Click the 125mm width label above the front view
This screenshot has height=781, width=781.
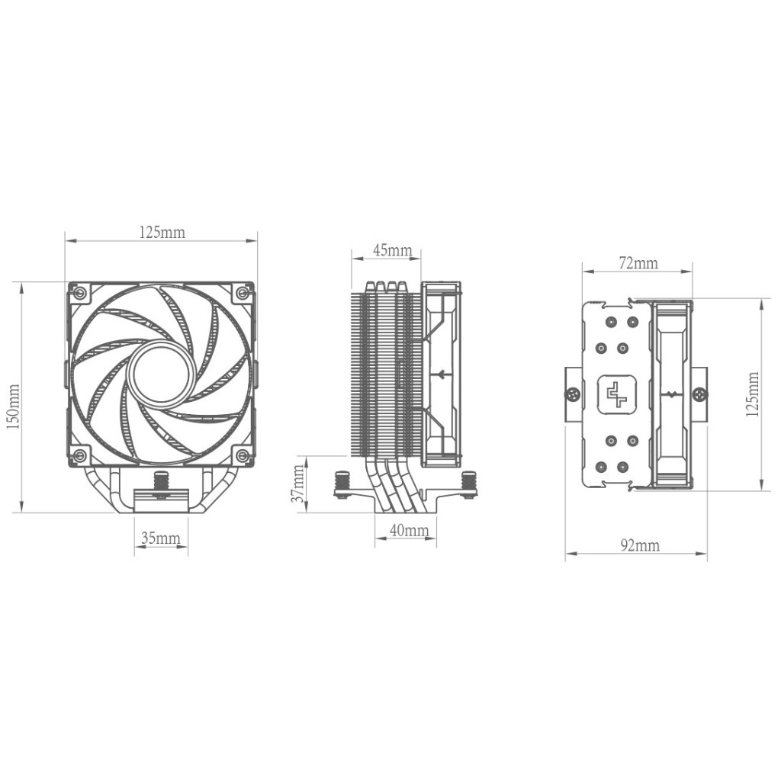(x=161, y=232)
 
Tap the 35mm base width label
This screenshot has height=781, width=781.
(x=161, y=538)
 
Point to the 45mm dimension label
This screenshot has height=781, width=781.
(x=392, y=250)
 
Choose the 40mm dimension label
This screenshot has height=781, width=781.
(x=409, y=530)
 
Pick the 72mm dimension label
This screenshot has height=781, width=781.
(x=638, y=264)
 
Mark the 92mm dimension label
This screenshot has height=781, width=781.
(x=639, y=545)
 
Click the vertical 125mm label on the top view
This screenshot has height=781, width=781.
(x=754, y=395)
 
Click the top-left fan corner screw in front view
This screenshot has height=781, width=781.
(x=78, y=292)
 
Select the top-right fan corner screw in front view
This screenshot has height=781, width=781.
(x=243, y=292)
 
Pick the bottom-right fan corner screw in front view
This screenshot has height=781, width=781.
(x=243, y=456)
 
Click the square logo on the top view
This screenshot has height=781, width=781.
(x=612, y=395)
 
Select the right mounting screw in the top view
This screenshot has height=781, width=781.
(x=700, y=394)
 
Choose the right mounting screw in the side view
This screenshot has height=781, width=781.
(x=468, y=485)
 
